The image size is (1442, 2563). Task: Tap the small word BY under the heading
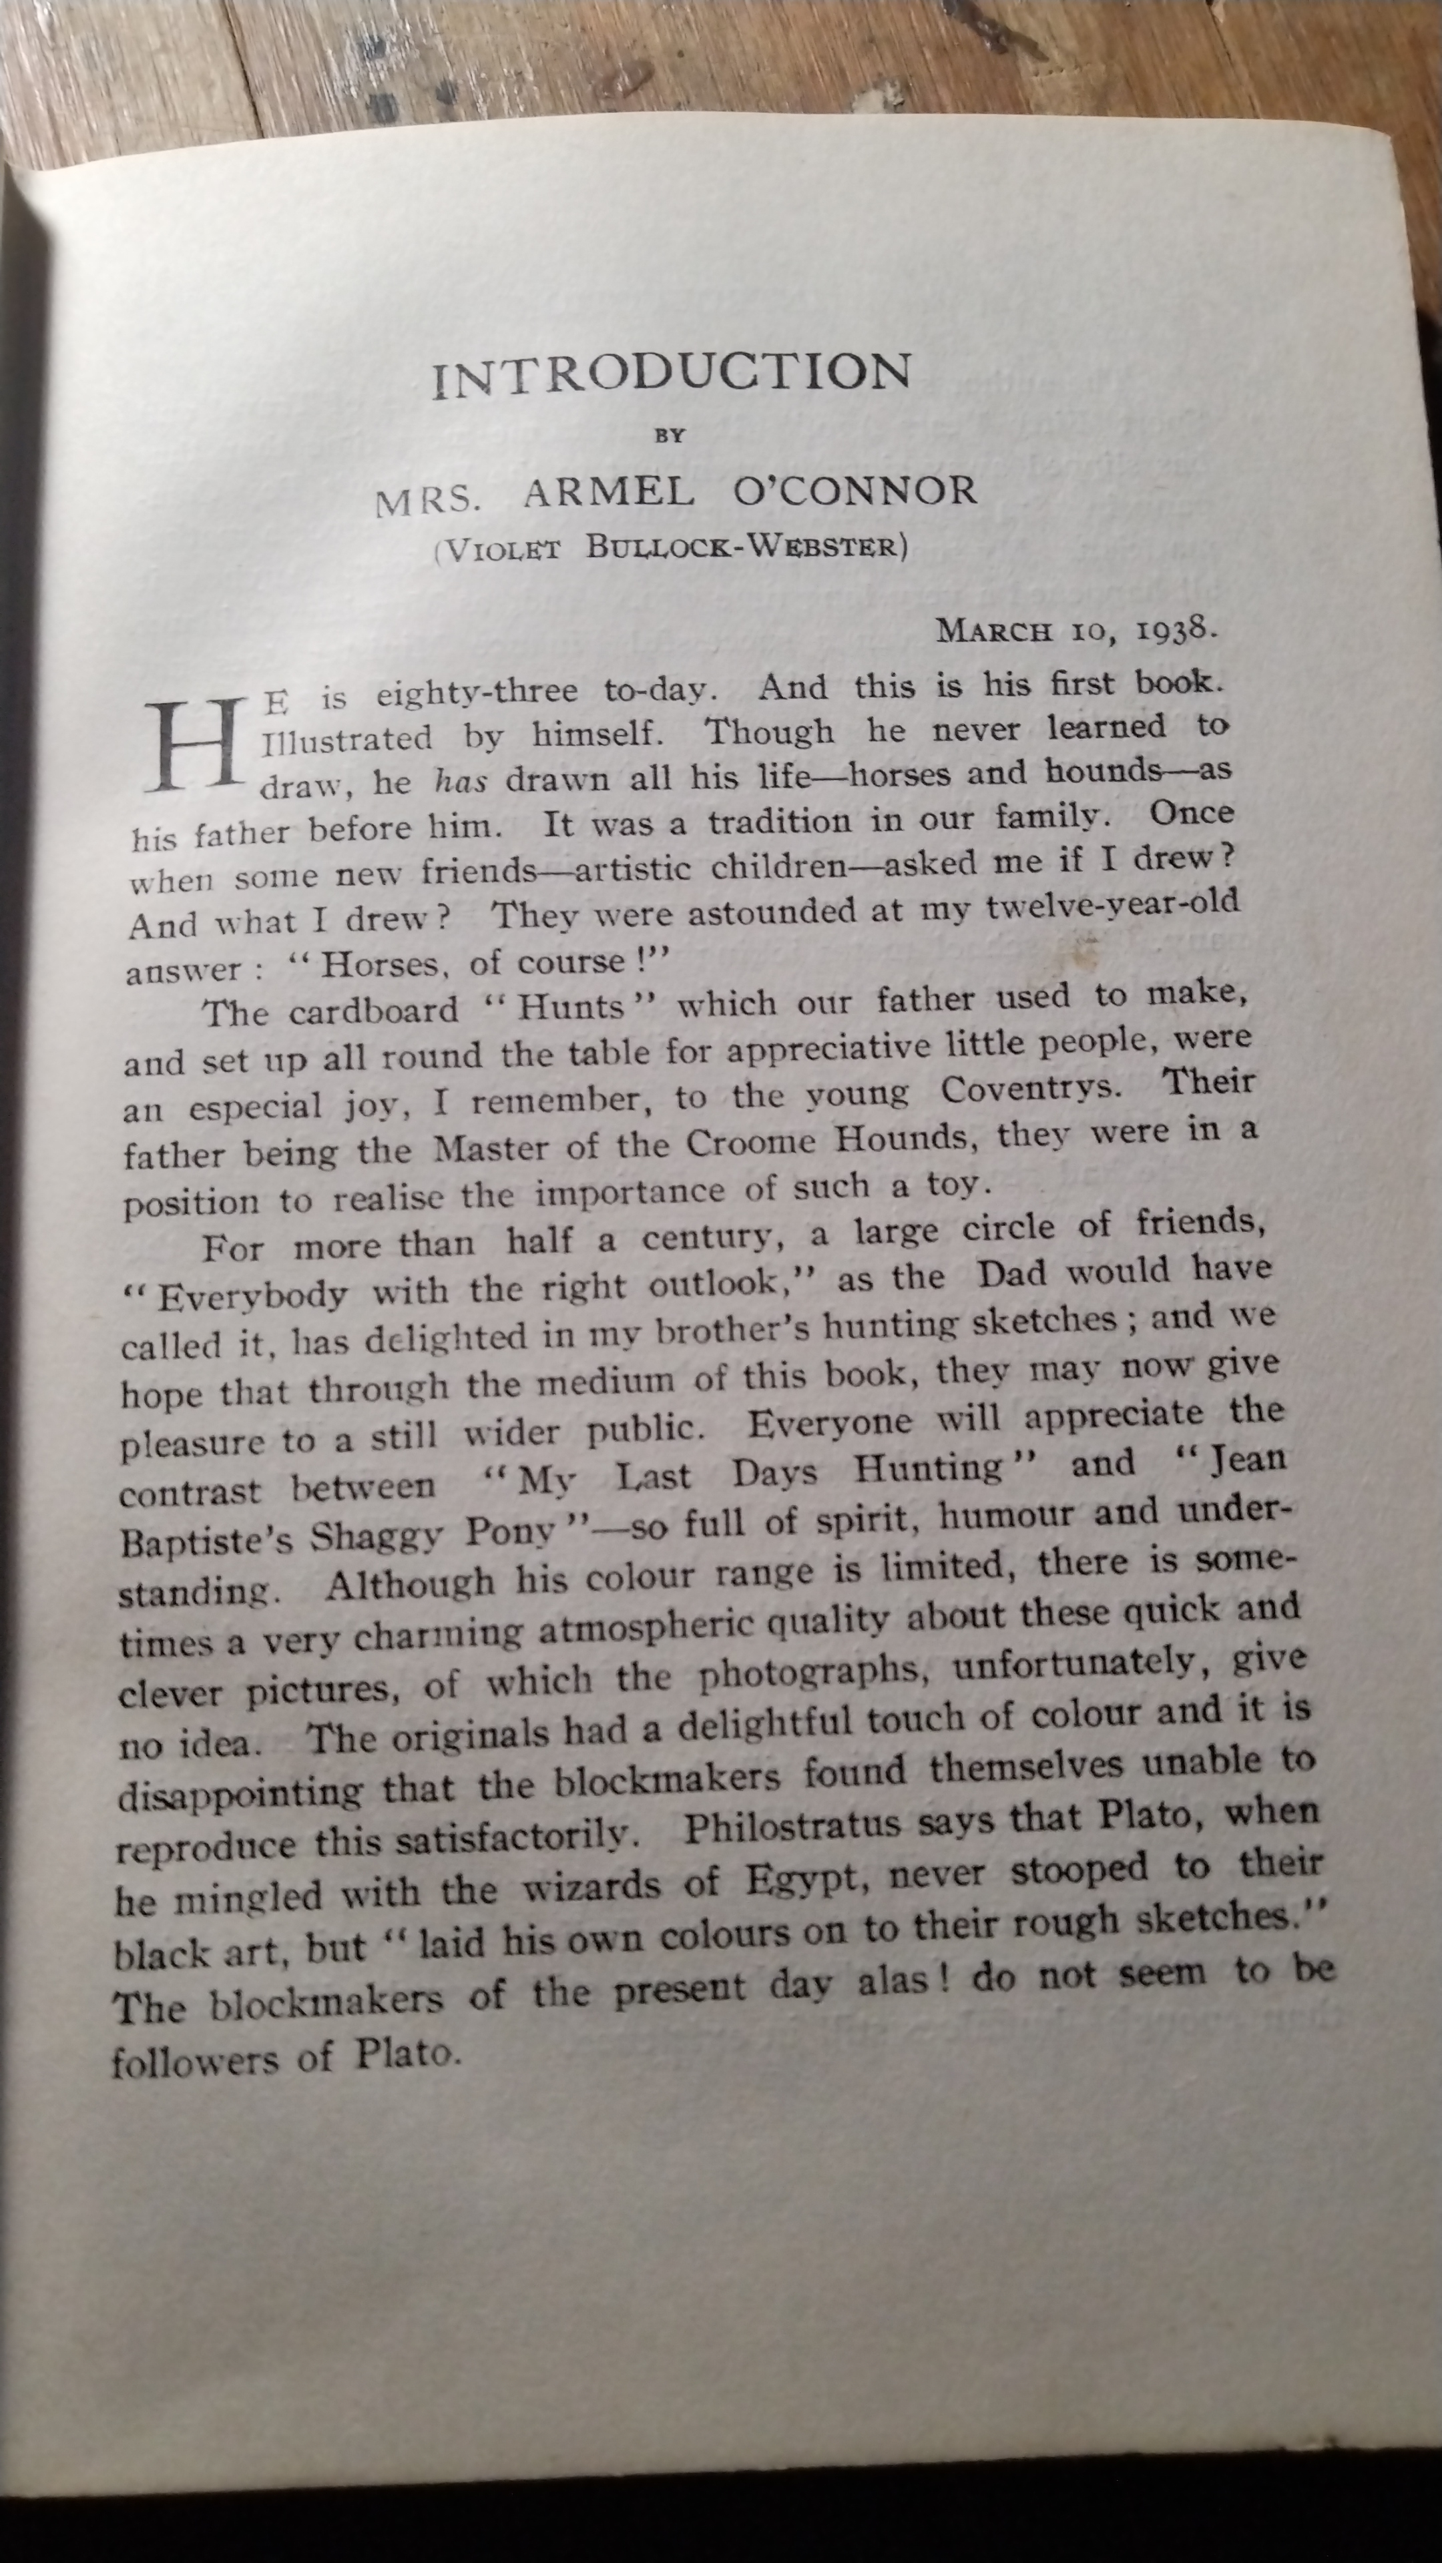point(670,435)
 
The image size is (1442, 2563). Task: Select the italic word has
point(460,781)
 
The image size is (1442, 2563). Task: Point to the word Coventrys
point(1030,1089)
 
